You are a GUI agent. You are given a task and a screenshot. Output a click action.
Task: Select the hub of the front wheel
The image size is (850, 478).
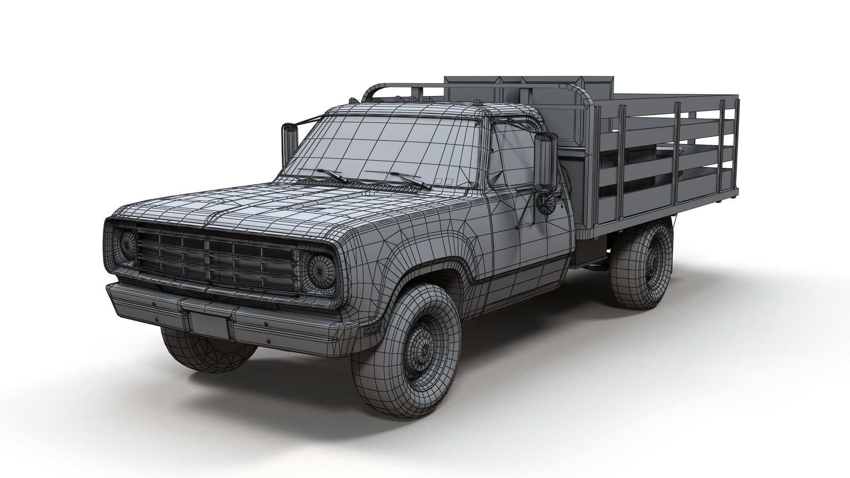pyautogui.click(x=424, y=351)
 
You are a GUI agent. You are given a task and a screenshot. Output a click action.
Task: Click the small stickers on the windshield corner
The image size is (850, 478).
pyautogui.click(x=443, y=181)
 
